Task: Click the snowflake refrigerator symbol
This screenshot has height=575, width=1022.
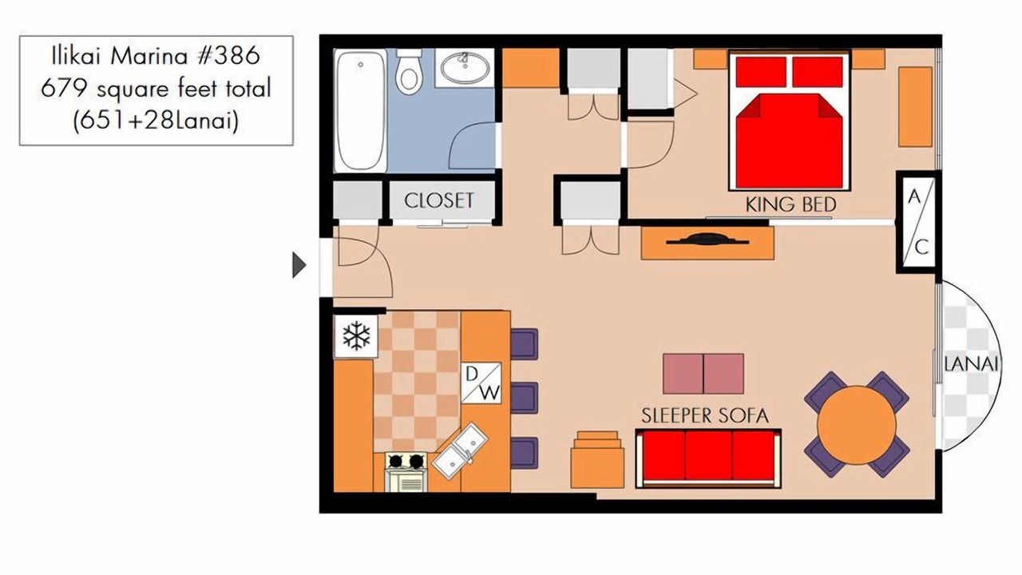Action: coord(356,336)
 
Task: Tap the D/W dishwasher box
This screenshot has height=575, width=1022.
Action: coord(481,383)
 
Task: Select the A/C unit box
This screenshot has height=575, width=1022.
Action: coord(918,222)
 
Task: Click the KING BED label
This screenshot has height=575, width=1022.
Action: coord(790,205)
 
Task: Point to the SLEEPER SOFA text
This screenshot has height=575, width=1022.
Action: coord(705,416)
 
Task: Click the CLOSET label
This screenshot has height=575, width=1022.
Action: coord(439,200)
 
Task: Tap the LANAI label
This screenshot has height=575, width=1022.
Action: coord(971,364)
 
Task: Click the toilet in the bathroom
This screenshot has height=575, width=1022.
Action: coord(408,72)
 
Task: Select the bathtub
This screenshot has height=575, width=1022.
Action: coord(360,111)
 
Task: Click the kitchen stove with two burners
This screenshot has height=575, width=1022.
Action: coord(406,472)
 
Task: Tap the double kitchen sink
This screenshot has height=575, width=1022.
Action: coord(460,451)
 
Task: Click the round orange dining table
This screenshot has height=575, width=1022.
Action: coord(857,425)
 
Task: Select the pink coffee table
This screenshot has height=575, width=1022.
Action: coord(703,373)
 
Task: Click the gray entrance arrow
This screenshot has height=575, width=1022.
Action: coord(299,264)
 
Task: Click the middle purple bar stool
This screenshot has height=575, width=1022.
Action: coord(525,399)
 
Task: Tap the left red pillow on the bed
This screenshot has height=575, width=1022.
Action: coord(761,72)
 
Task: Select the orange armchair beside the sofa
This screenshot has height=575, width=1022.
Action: coord(596,459)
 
